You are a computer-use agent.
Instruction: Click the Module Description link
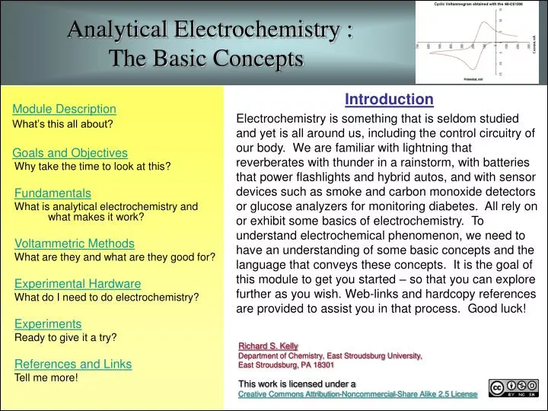pos(64,110)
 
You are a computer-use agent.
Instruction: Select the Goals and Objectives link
pos(71,153)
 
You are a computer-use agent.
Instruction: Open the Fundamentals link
pos(53,193)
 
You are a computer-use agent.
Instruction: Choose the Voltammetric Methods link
pos(75,244)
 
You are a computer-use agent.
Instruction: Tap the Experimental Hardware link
pos(78,284)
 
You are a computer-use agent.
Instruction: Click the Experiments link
pos(48,323)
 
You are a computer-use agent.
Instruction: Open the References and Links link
pos(73,364)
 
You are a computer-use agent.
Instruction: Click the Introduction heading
pos(389,100)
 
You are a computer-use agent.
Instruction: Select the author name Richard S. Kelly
pos(268,346)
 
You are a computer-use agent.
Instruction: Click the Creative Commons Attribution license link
pos(358,394)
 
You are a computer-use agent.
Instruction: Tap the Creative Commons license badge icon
pos(514,389)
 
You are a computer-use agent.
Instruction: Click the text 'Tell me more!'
pos(46,377)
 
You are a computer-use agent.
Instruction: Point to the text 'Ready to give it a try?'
pos(65,336)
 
